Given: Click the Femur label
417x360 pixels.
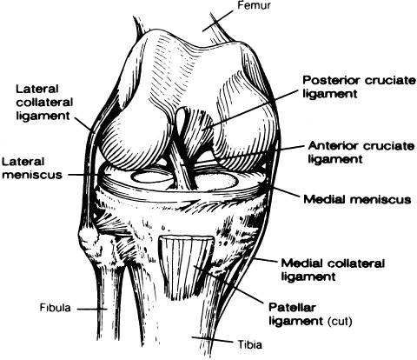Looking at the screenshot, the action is pos(254,5).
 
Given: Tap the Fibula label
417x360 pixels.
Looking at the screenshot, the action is pos(55,308).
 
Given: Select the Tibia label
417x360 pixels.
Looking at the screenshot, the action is pos(250,344).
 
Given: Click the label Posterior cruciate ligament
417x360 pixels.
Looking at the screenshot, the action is pos(359,87).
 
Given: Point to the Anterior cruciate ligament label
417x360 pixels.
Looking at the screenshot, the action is pos(361,152).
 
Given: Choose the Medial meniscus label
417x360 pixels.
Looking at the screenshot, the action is pos(357,199).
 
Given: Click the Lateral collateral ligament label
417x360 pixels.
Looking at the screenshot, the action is pos(44,102).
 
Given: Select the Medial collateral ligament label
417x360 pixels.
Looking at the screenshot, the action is pos(333,270).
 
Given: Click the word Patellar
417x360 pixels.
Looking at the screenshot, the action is pos(292,307).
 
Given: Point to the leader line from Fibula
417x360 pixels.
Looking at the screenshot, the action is pos(92,309).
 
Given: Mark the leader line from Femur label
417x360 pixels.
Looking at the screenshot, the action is pos(217,21).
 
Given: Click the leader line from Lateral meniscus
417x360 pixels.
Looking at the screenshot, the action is pos(84,175).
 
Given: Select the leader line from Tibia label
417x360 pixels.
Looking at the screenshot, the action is pos(213,340).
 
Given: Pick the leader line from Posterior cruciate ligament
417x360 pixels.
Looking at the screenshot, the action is pos(250,110).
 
